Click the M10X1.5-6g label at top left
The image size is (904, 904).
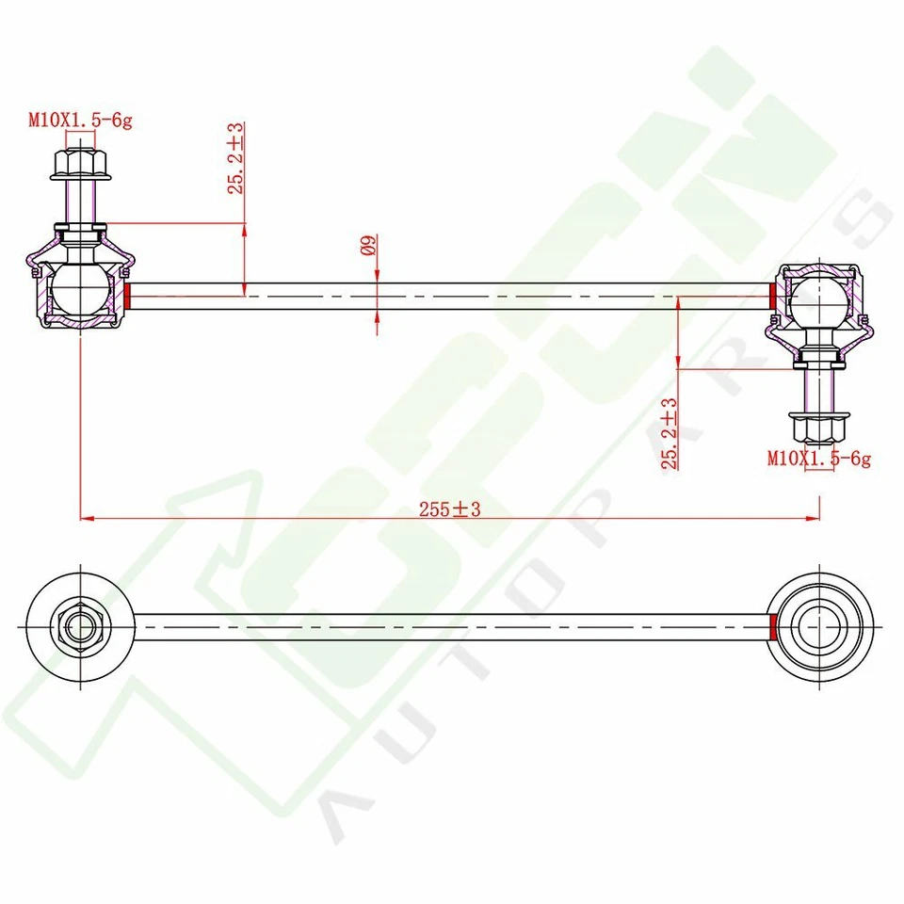[79, 120]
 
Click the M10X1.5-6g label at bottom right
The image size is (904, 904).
[818, 460]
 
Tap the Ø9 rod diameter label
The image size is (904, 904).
[369, 246]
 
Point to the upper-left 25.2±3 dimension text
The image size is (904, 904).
[235, 158]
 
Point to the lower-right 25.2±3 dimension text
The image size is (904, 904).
[670, 433]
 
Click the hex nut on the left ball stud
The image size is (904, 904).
[80, 166]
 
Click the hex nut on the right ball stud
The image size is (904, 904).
[819, 428]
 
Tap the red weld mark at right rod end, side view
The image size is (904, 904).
[773, 296]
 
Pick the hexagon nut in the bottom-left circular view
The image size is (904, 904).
[79, 625]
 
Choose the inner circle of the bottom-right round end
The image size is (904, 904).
[819, 626]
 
